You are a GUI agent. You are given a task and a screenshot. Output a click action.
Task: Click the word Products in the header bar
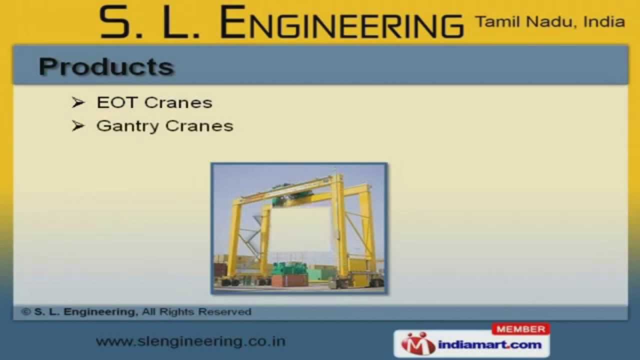106,66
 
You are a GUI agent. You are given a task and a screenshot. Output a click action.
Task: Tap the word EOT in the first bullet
116,102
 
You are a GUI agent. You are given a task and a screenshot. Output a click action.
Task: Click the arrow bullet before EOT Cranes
78,102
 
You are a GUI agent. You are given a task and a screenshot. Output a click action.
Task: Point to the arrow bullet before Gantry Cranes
78,125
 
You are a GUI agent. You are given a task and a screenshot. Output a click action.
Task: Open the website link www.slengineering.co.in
190,341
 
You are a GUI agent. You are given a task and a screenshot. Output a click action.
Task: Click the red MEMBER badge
520,329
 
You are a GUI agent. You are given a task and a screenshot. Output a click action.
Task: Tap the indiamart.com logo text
489,344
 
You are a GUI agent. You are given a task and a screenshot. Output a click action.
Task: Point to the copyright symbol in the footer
26,312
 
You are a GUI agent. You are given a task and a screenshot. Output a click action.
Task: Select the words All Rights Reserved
196,312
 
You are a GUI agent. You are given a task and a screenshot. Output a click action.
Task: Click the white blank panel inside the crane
300,230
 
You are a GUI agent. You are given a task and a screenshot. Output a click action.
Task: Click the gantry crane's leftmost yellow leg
233,240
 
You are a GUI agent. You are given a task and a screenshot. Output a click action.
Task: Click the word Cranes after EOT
178,102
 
